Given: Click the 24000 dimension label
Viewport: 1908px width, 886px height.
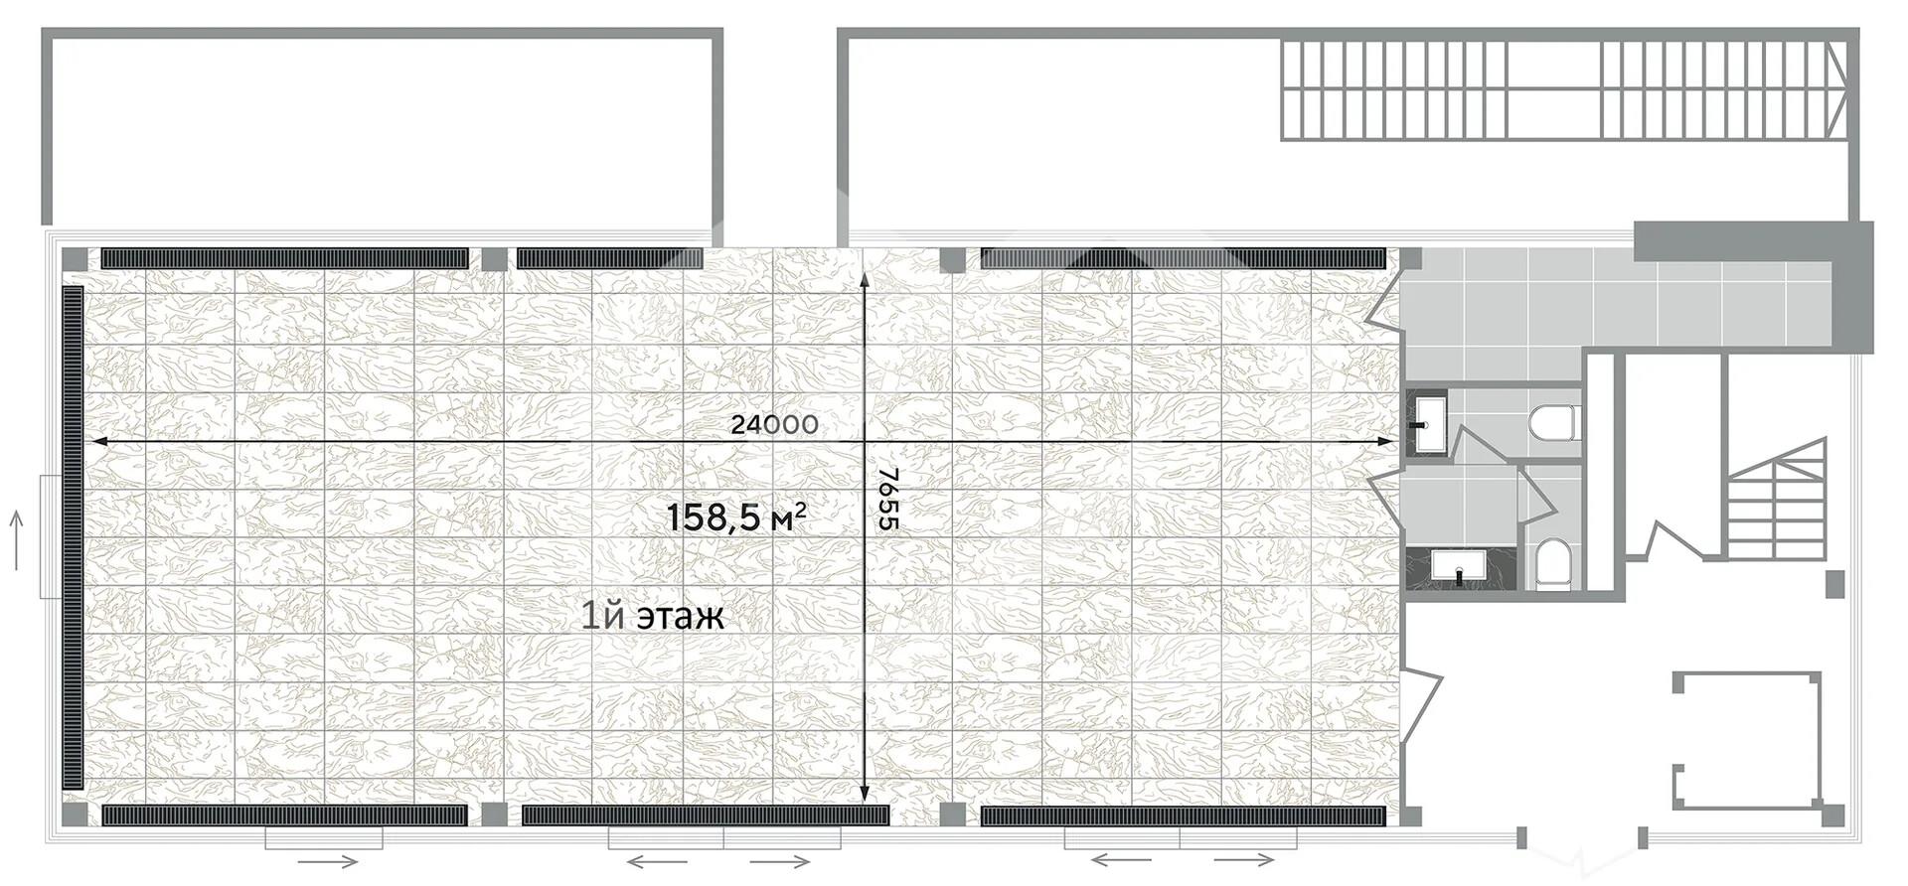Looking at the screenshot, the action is tap(774, 425).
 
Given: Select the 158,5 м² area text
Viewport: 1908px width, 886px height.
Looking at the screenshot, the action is tap(735, 517).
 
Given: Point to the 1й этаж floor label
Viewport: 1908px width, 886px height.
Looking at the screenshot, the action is tap(653, 617).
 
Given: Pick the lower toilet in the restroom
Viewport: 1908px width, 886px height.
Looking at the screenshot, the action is tap(1551, 564).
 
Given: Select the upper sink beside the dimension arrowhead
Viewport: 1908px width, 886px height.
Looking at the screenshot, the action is tap(1429, 423).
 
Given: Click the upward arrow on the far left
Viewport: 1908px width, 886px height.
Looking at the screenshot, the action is tap(16, 540).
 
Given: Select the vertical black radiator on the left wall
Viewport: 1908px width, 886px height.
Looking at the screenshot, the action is tap(73, 537).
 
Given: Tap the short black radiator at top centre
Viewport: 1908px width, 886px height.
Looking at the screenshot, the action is tap(609, 258).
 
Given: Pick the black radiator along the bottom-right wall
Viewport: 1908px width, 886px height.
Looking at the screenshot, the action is tap(1183, 816).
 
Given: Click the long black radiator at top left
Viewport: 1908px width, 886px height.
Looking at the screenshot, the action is tap(284, 258).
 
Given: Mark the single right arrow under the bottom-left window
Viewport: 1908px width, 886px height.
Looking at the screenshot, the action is tap(327, 860).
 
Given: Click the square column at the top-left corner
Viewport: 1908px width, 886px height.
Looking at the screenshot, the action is tap(75, 259).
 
